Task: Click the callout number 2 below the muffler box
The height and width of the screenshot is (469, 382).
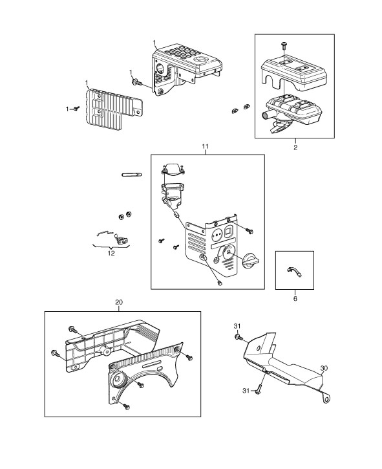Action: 295,147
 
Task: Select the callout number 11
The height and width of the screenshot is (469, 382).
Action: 206,146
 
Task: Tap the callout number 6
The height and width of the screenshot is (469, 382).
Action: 295,298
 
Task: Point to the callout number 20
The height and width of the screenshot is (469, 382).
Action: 119,302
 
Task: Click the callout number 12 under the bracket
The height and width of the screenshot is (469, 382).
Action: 111,254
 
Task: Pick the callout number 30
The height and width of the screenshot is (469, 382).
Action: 324,368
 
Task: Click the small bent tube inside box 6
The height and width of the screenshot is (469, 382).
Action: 295,272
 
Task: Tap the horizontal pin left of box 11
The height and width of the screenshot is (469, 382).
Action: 132,175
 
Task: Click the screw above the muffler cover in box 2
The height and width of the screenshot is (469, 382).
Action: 284,46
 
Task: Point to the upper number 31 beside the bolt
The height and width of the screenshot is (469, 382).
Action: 237,326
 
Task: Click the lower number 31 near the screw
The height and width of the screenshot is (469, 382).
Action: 246,391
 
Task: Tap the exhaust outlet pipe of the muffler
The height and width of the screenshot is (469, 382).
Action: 265,115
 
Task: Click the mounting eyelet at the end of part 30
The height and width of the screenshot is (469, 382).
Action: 328,398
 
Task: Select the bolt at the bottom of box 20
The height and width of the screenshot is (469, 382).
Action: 126,406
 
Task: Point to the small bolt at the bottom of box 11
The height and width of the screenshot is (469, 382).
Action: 220,283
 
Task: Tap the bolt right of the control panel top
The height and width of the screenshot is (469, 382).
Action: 249,231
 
